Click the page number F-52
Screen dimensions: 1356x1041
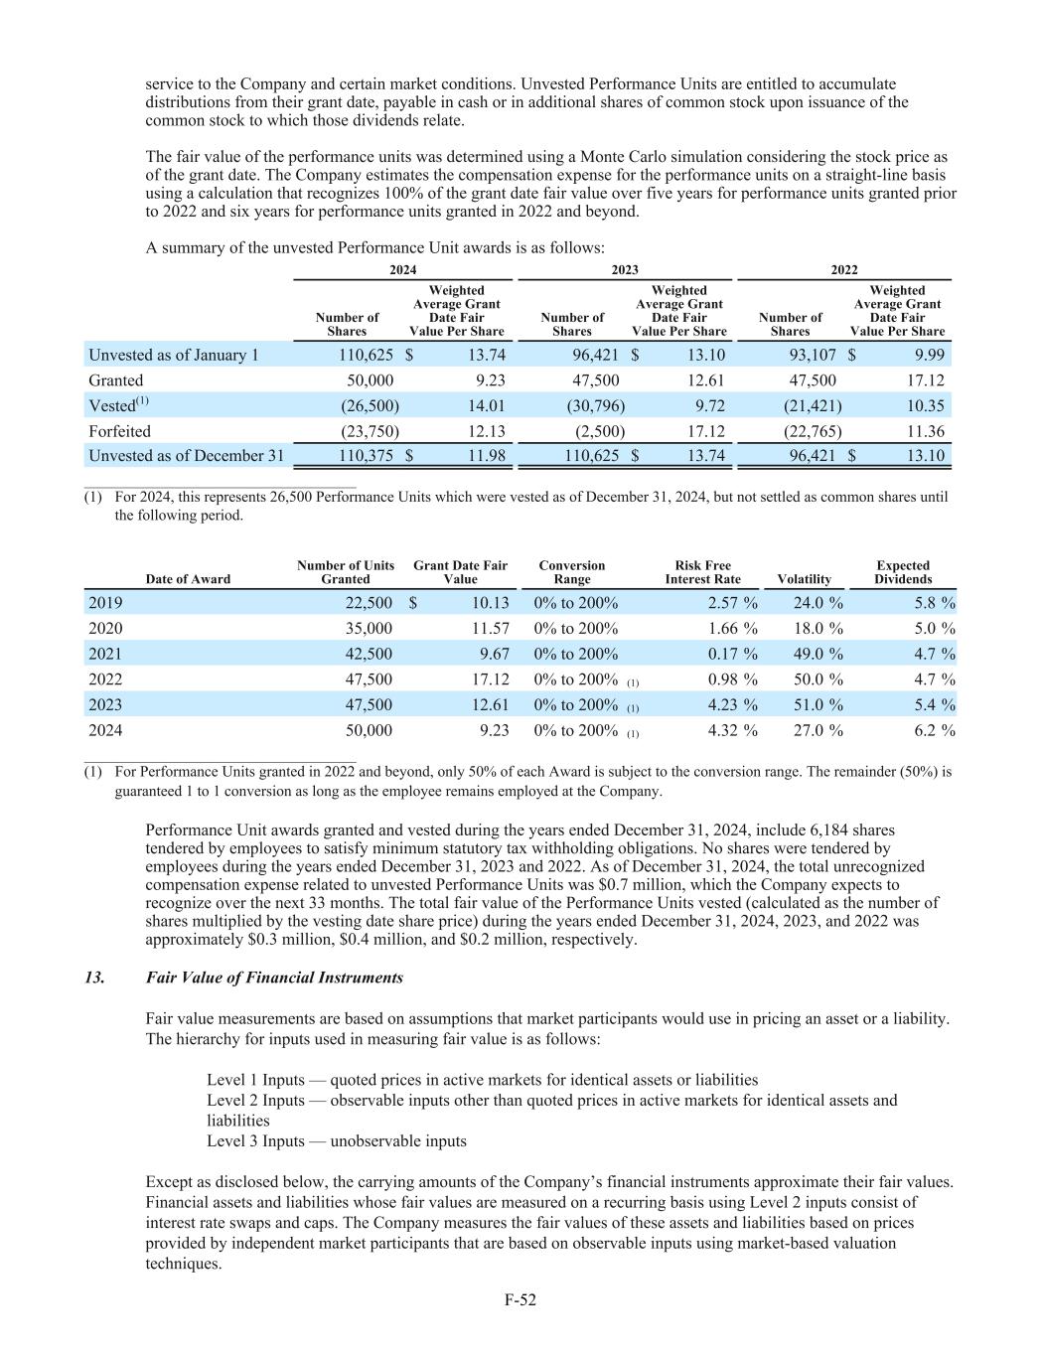(520, 1298)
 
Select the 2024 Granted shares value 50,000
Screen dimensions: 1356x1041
(370, 380)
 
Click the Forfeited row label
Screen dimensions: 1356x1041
(119, 431)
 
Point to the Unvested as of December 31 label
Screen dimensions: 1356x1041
(186, 456)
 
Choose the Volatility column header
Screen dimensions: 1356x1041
(805, 579)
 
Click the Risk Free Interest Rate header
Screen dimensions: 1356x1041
(703, 572)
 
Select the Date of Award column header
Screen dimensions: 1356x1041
(188, 579)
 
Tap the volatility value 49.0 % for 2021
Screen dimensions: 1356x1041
(818, 654)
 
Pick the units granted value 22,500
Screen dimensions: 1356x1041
(368, 603)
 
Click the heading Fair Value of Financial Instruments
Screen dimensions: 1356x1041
(274, 978)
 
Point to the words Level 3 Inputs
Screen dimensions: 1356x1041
(255, 1140)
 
